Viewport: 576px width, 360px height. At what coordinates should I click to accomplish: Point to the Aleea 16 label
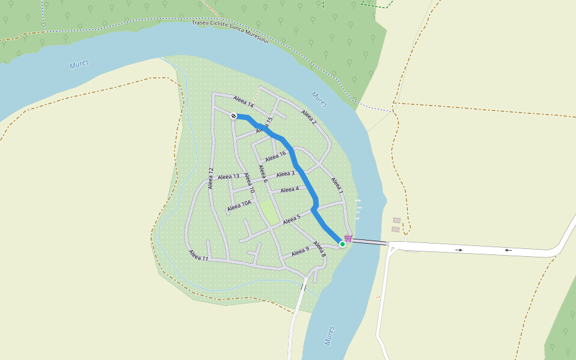pos(275,156)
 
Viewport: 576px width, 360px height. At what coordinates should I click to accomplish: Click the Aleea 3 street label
pos(285,174)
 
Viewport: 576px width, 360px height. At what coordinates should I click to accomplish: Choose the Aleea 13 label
pos(229,176)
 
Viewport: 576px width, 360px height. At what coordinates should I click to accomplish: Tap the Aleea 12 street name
pos(211,178)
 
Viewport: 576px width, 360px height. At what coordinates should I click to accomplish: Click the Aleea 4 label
pos(289,190)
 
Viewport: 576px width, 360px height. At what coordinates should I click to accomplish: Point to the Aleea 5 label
pos(292,220)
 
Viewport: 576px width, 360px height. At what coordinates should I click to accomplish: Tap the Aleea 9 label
pos(300,253)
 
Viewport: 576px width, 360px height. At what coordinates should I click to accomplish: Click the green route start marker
pos(343,244)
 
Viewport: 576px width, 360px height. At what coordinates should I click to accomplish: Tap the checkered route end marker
pos(233,116)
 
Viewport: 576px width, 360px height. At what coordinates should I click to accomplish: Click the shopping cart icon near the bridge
pos(348,238)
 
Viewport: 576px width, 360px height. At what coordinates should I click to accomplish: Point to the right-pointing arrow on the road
pos(458,249)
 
